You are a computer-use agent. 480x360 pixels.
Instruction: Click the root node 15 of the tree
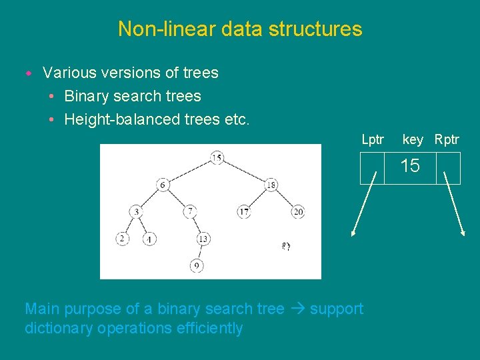(x=217, y=158)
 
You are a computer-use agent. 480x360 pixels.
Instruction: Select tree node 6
(x=163, y=185)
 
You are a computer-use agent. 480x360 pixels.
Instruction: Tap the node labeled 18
(x=271, y=185)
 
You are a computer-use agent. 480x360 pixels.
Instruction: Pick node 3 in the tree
(x=136, y=212)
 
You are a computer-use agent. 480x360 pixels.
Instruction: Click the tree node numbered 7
(x=190, y=211)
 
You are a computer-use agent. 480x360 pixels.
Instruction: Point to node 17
(x=244, y=212)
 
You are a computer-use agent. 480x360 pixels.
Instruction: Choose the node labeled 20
(x=297, y=212)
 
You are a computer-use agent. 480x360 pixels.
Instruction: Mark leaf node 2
(x=122, y=239)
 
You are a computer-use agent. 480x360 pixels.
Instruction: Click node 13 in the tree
(x=203, y=239)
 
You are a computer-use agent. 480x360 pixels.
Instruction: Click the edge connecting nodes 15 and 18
(x=244, y=171)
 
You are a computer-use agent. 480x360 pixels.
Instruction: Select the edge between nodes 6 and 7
(x=177, y=198)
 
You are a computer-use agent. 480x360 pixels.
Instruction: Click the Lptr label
(x=373, y=139)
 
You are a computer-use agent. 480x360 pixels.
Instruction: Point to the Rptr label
(x=447, y=139)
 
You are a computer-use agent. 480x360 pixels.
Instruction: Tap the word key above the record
(x=413, y=139)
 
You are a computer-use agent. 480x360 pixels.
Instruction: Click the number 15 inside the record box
(x=410, y=166)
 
